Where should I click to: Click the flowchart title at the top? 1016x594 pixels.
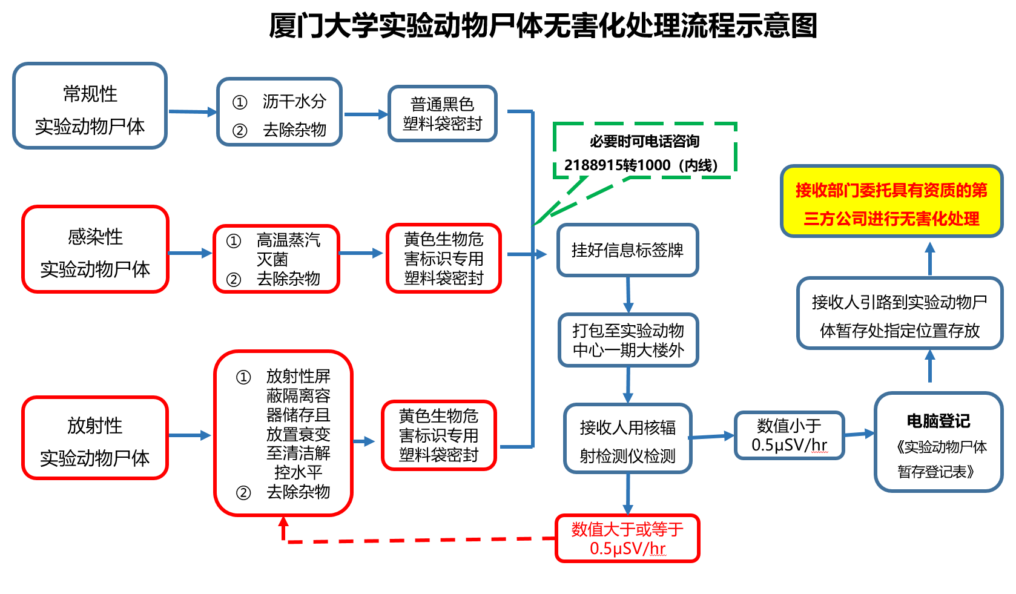coord(543,25)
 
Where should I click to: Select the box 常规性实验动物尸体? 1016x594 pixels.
coord(90,106)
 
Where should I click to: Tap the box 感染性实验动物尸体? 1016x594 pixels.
coord(95,249)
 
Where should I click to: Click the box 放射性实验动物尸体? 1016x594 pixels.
coord(95,438)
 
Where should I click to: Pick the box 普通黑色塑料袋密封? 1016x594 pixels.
coord(443,114)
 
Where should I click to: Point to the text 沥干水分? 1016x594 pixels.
coord(294,101)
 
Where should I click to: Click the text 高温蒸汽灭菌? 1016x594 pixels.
coord(288,249)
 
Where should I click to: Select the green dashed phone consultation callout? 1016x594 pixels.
coord(644,151)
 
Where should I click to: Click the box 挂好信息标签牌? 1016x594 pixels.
coord(627,250)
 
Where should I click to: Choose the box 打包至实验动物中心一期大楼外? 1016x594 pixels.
coord(628,340)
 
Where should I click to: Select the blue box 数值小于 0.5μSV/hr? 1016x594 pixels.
coord(789,435)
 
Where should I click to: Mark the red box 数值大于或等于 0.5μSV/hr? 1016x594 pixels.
coord(627,538)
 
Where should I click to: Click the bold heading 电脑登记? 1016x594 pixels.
coord(938,421)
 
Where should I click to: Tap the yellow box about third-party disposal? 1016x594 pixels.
coord(891,202)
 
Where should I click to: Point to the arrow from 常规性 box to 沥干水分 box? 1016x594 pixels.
coord(193,112)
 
